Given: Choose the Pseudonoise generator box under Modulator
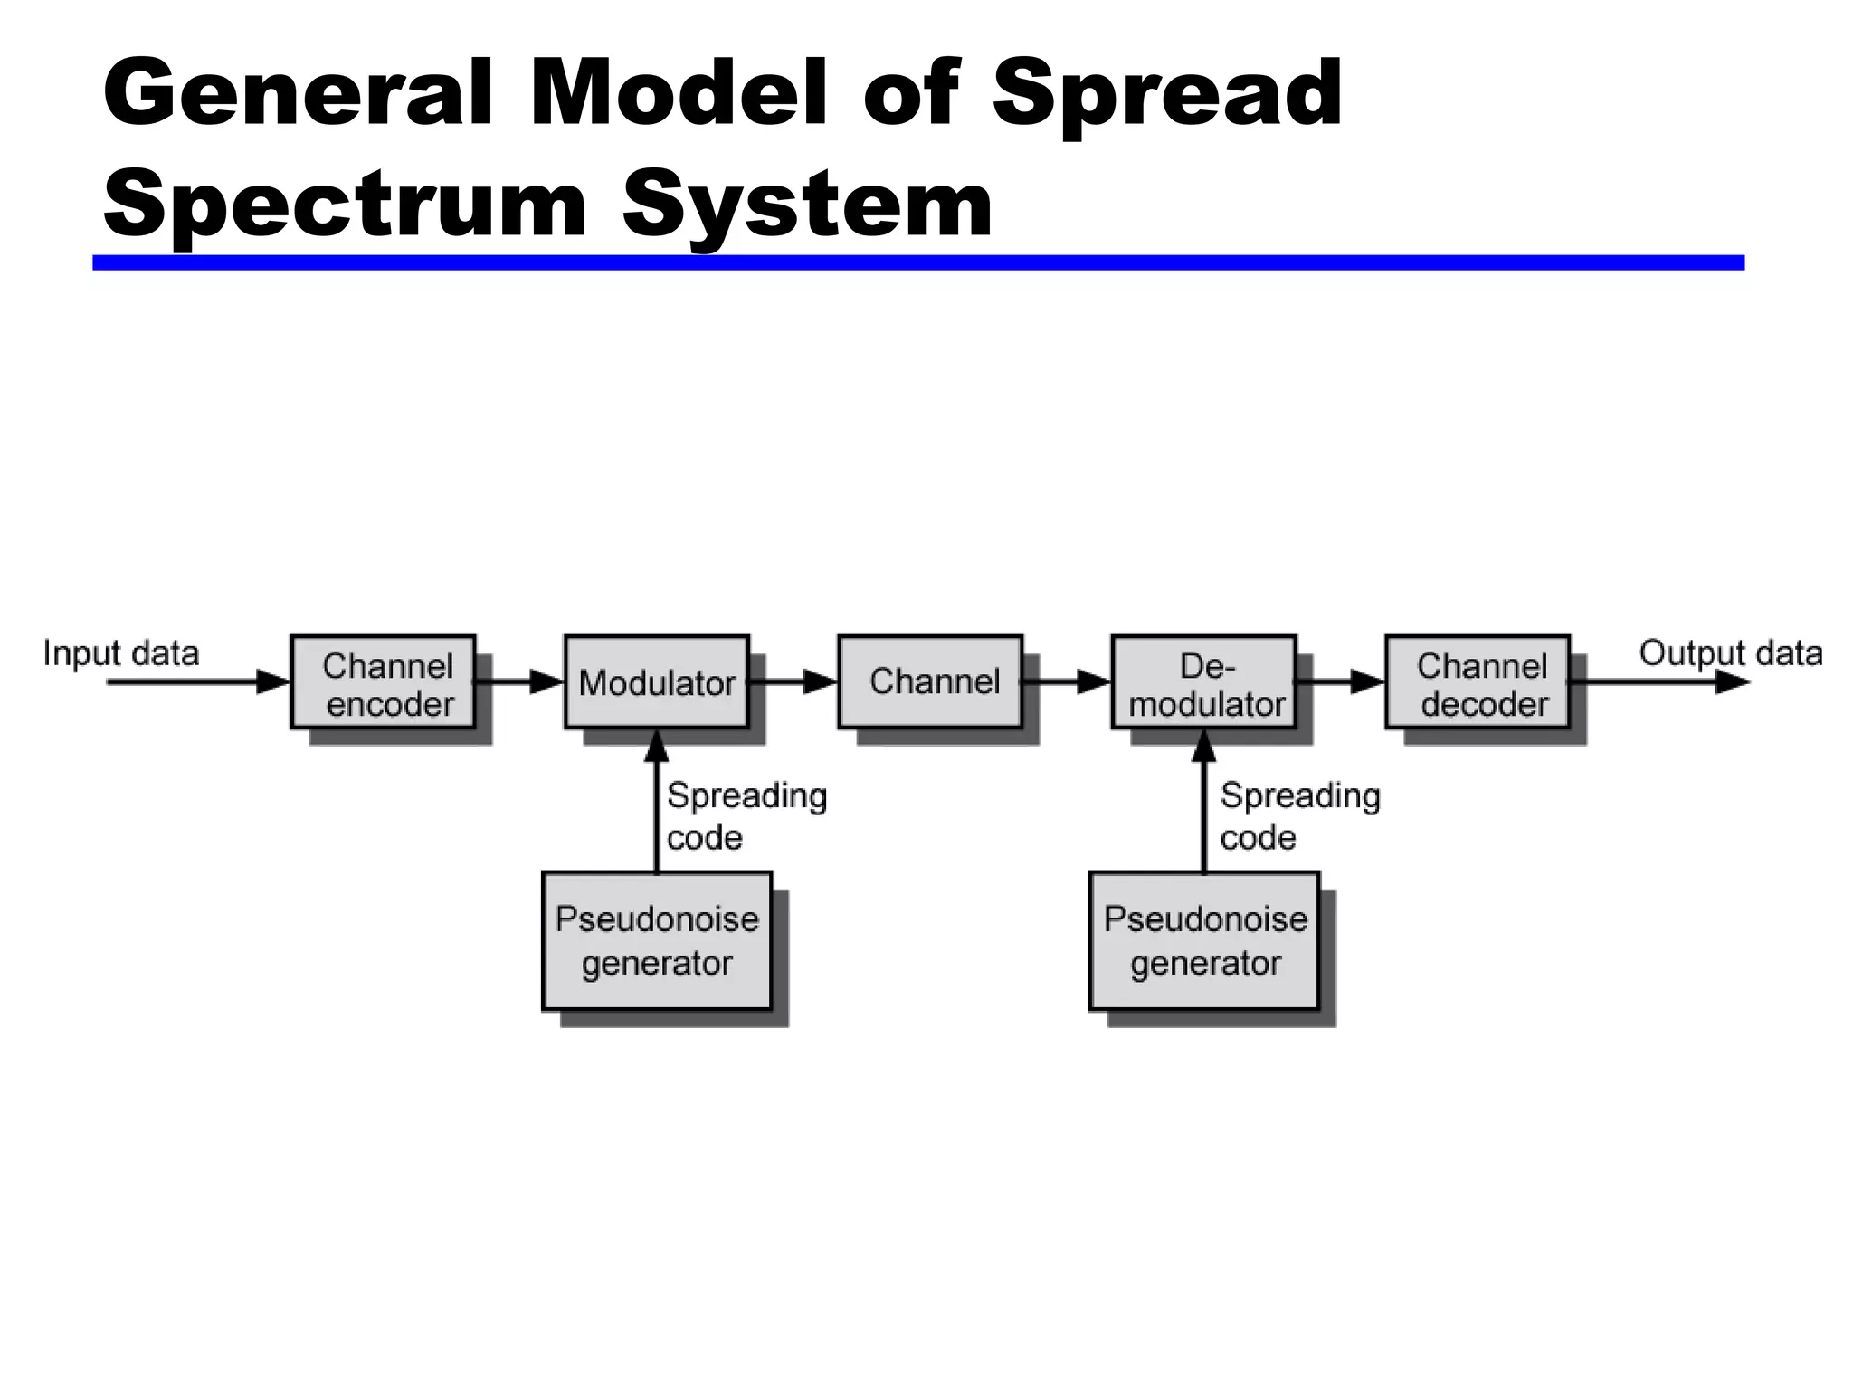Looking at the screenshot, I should (x=657, y=940).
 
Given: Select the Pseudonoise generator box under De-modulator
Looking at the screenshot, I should (x=1204, y=940).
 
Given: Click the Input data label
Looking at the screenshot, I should (x=121, y=653).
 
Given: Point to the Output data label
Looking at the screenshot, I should (x=1730, y=652).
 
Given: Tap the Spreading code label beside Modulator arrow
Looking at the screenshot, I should (x=746, y=815).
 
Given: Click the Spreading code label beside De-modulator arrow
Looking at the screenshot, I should (x=1299, y=815).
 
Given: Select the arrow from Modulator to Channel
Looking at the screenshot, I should (x=794, y=681).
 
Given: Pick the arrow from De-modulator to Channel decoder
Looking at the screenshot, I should (x=1342, y=681).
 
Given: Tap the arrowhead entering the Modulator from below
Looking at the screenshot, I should (x=657, y=746).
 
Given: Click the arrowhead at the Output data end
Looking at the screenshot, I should (x=1732, y=682).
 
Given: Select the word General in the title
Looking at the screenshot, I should (x=299, y=93).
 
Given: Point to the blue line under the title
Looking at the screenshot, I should (x=917, y=262).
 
